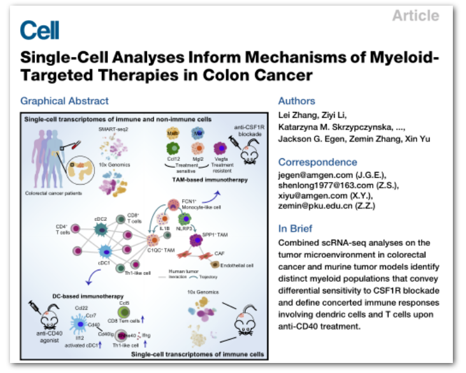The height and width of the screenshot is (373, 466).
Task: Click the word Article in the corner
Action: click(x=415, y=16)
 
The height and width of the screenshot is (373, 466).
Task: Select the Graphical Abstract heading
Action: click(x=64, y=101)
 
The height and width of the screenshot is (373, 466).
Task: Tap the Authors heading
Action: click(x=297, y=101)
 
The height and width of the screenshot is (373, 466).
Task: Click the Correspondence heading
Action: click(x=318, y=162)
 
